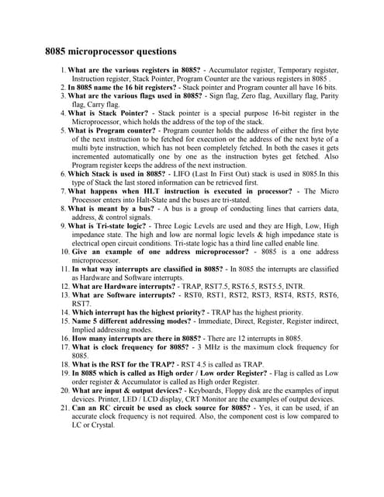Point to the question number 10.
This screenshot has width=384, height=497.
tap(65, 252)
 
